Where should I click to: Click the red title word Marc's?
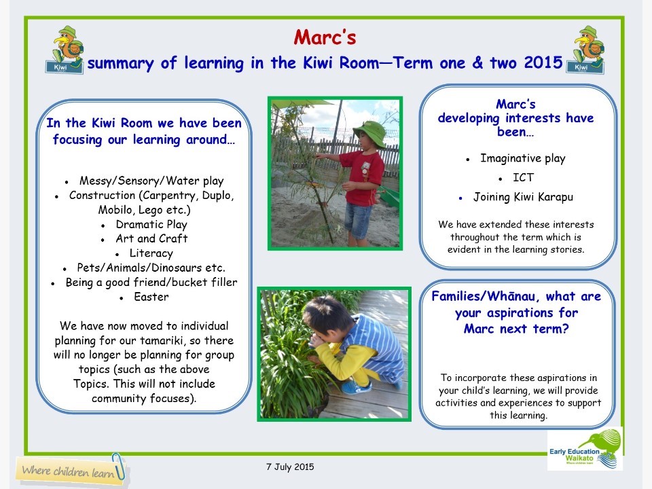[325, 37]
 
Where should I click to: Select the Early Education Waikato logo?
[585, 449]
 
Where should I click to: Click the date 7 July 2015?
[289, 467]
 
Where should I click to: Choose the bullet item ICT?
[523, 177]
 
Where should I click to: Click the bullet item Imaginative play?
[522, 158]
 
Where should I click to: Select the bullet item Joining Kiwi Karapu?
[523, 197]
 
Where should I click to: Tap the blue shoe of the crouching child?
[356, 388]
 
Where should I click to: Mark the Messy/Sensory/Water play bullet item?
[151, 181]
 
